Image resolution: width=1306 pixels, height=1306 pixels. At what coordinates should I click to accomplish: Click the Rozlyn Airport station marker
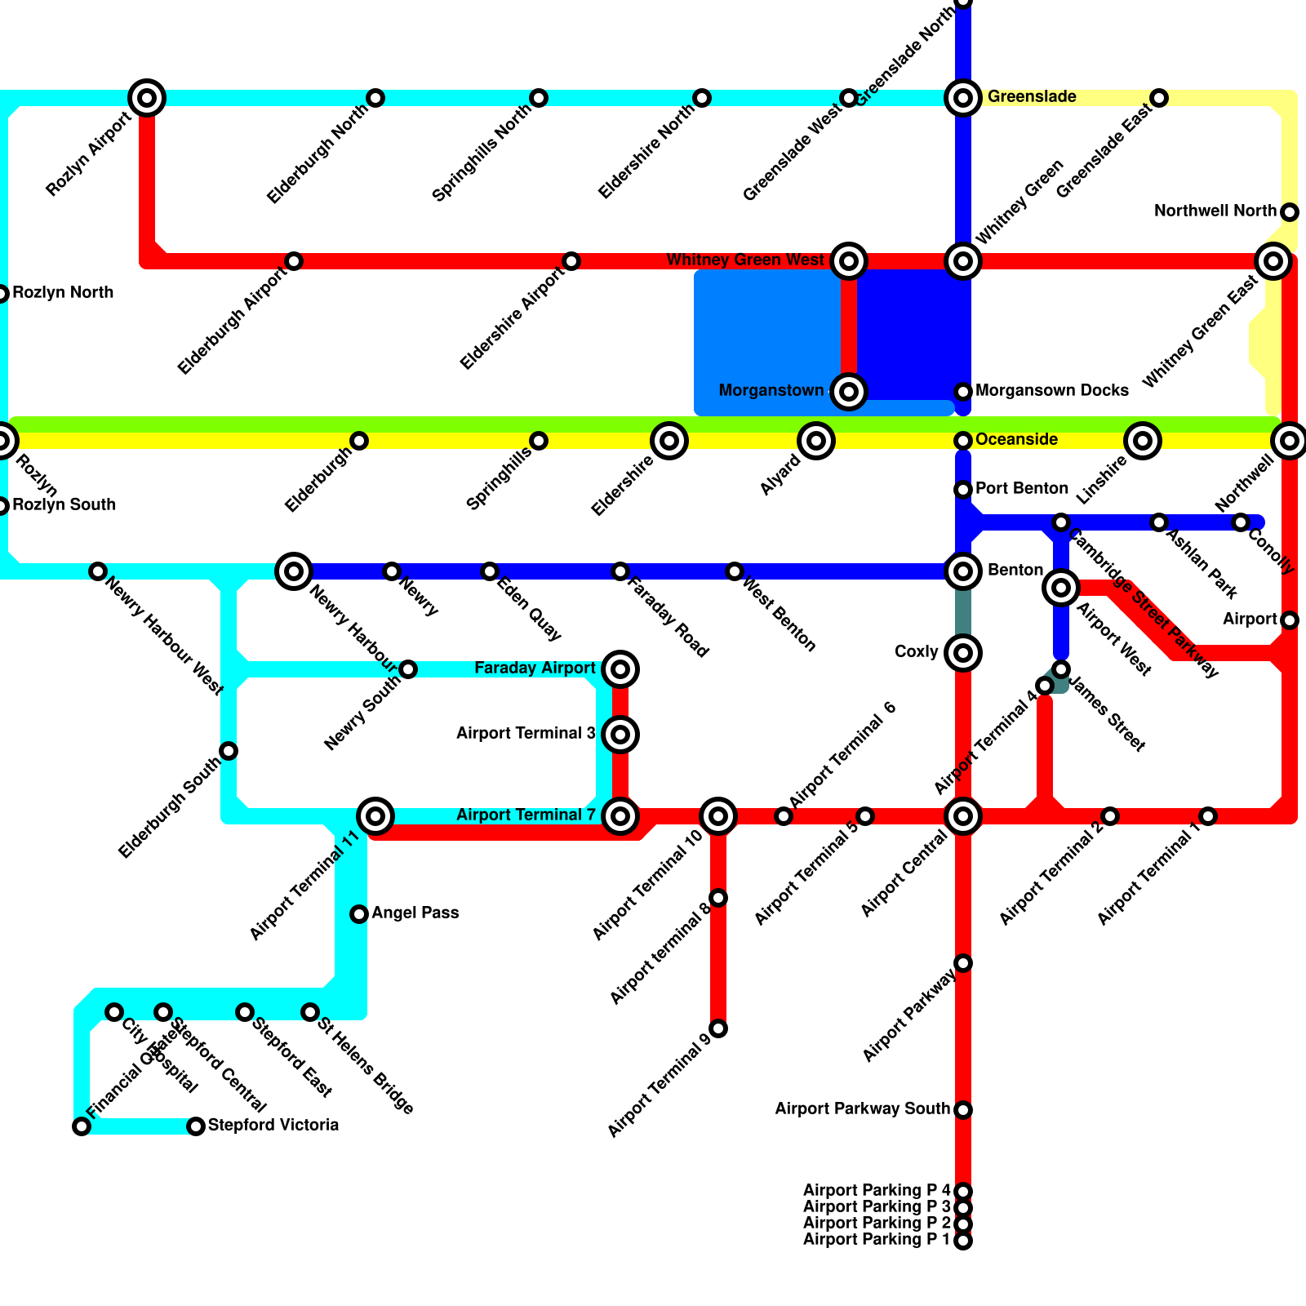pyautogui.click(x=147, y=98)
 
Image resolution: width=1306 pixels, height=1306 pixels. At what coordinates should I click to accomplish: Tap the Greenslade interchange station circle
pyautogui.click(x=963, y=98)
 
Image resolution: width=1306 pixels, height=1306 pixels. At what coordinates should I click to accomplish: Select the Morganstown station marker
pyautogui.click(x=849, y=392)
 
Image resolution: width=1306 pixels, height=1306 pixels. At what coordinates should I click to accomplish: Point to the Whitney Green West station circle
pyautogui.click(x=849, y=261)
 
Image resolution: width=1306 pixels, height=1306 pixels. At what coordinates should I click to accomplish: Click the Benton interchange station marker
pyautogui.click(x=963, y=571)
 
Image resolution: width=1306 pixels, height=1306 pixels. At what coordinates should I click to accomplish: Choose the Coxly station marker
pyautogui.click(x=963, y=653)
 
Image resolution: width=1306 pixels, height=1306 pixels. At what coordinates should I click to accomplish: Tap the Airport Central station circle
pyautogui.click(x=963, y=816)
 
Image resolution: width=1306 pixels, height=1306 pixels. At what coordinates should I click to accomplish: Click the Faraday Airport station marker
pyautogui.click(x=620, y=669)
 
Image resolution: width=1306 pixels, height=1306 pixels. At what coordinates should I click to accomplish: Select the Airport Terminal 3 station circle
pyautogui.click(x=620, y=735)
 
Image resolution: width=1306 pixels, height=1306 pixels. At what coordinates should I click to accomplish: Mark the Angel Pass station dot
pyautogui.click(x=359, y=914)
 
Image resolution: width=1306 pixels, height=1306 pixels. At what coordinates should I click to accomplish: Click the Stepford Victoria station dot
pyautogui.click(x=196, y=1126)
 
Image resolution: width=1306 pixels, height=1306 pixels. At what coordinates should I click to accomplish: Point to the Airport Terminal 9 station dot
pyautogui.click(x=718, y=1028)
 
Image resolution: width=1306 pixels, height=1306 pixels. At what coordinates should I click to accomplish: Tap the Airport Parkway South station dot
pyautogui.click(x=963, y=1110)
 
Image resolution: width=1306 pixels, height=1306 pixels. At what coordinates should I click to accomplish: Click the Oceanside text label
pyautogui.click(x=1016, y=440)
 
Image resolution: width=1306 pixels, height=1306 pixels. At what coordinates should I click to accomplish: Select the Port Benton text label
pyautogui.click(x=1021, y=489)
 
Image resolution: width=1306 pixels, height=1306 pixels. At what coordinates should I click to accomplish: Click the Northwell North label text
pyautogui.click(x=1215, y=211)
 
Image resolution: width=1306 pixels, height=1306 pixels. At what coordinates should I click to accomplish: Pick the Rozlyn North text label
pyautogui.click(x=63, y=293)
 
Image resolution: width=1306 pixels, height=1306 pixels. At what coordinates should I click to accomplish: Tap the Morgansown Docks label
pyautogui.click(x=1051, y=391)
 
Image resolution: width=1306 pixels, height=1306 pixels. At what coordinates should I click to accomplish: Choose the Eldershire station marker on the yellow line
pyautogui.click(x=669, y=441)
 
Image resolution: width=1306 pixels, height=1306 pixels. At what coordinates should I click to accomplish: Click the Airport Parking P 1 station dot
pyautogui.click(x=963, y=1242)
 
